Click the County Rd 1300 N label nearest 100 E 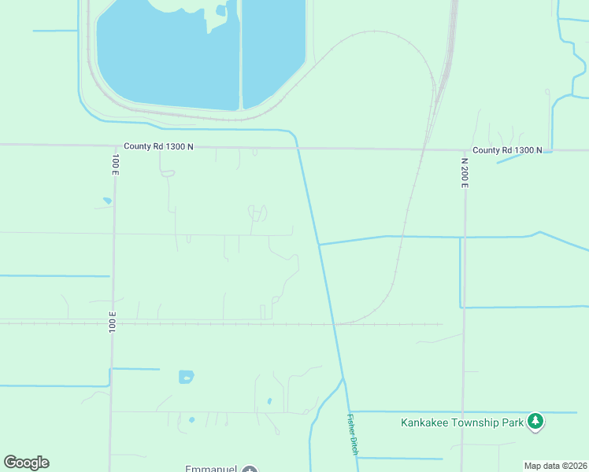(158, 146)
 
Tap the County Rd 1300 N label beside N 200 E (507, 150)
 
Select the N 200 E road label (465, 171)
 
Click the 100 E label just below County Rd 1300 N (115, 164)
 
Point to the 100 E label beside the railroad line (113, 321)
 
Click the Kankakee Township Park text (462, 422)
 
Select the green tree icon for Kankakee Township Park (535, 421)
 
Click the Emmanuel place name (211, 469)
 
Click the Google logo (26, 463)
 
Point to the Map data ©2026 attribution (555, 466)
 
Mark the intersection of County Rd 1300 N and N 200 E (464, 149)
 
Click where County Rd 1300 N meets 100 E (113, 146)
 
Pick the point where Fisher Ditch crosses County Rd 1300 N (299, 148)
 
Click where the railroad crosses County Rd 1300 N (424, 149)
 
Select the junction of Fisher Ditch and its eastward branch (319, 244)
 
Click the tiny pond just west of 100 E (106, 201)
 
